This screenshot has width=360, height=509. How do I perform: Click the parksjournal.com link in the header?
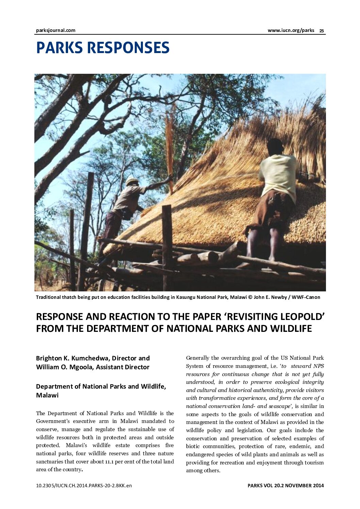coord(55,30)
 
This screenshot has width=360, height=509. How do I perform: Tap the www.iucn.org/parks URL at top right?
coord(291,30)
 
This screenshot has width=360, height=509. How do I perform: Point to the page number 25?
coord(322,31)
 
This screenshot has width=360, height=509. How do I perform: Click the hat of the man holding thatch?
coord(132,181)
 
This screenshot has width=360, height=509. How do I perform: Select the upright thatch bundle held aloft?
coord(169,146)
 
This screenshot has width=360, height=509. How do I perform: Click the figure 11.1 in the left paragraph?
coord(109,462)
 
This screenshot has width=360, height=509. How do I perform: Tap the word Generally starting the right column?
coord(198,358)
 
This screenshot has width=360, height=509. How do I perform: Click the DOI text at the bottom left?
coord(84,486)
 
